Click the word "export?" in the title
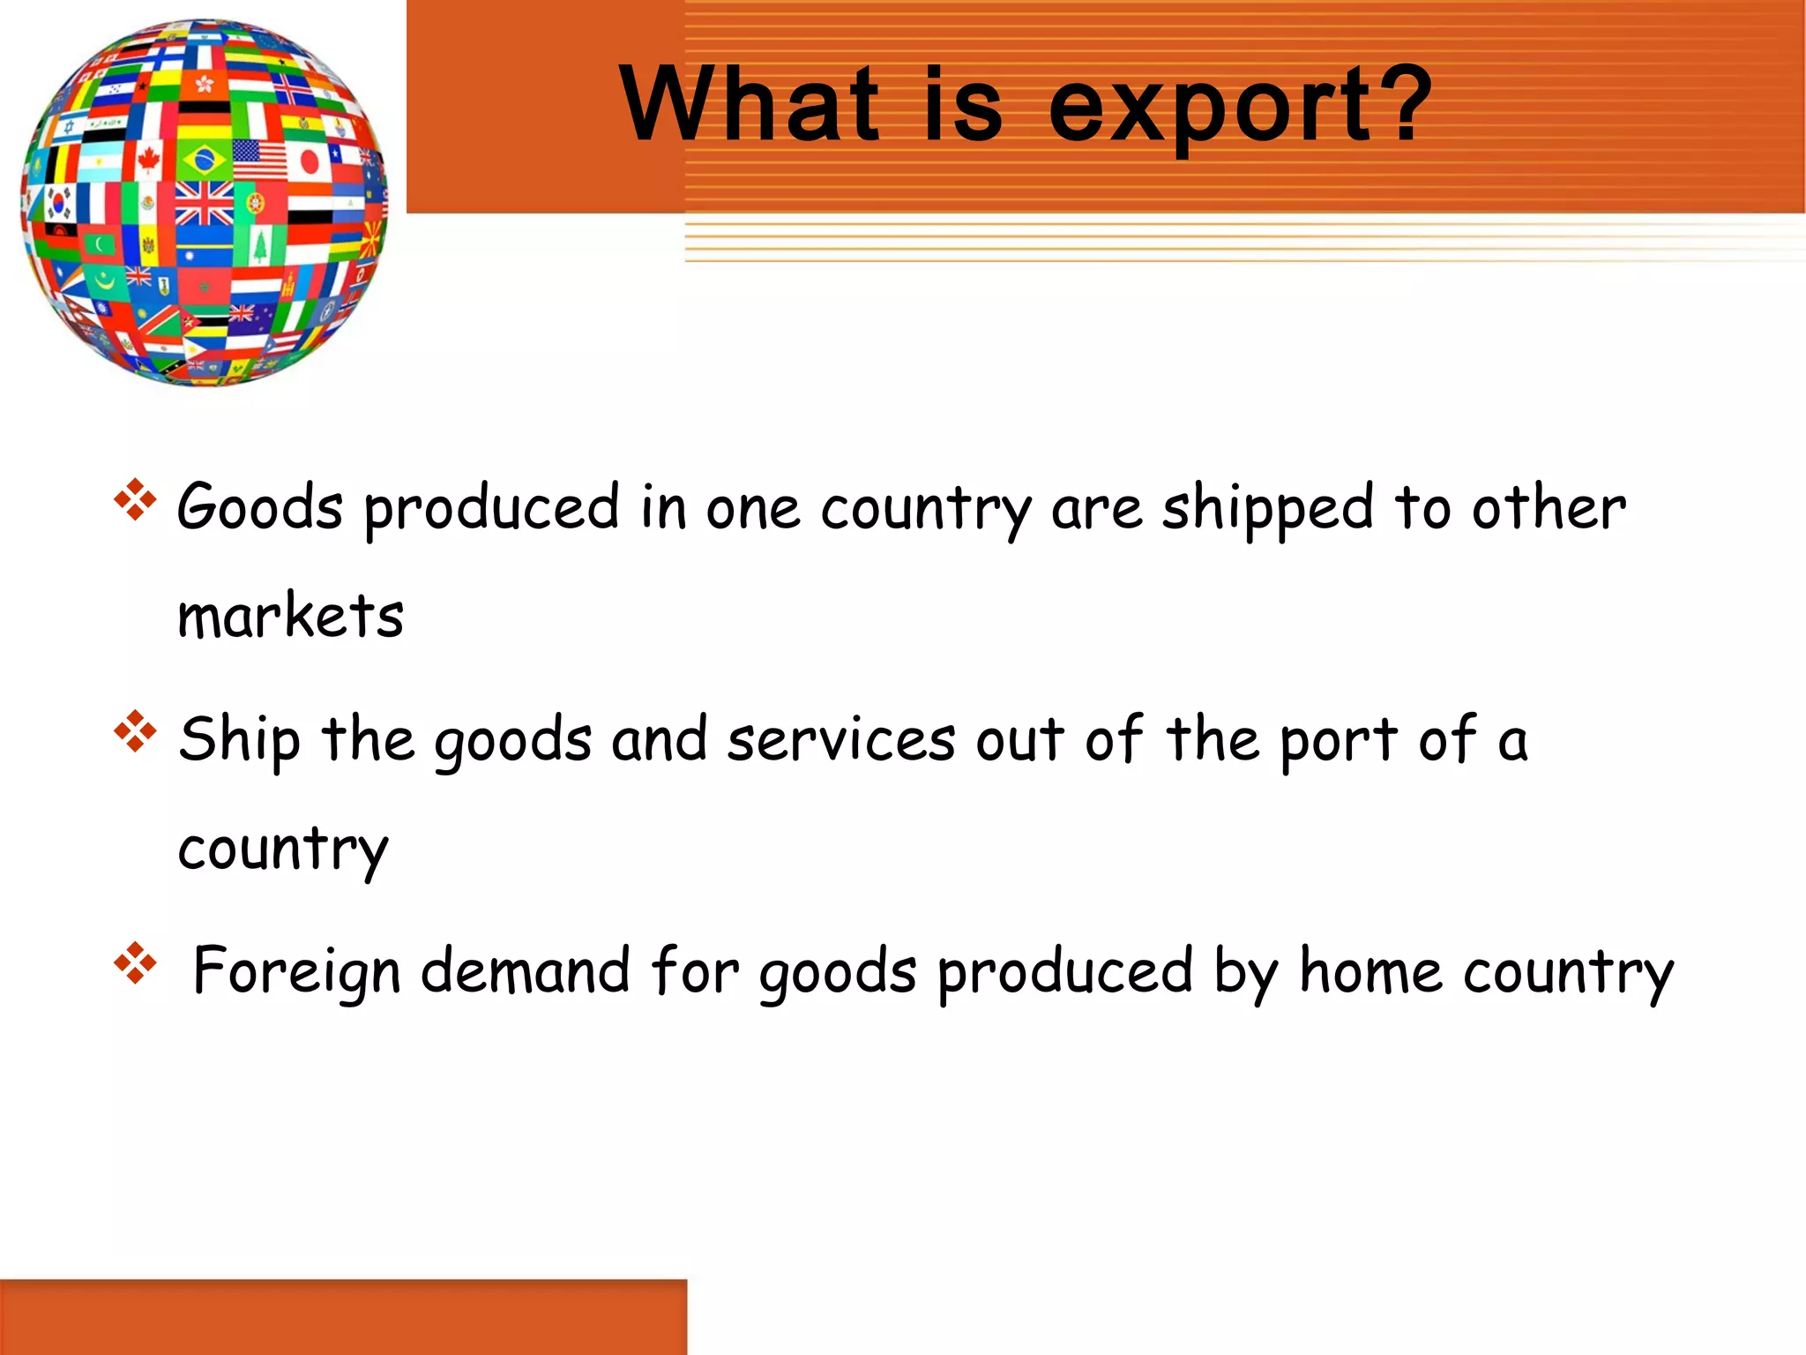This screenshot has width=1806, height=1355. click(x=1239, y=106)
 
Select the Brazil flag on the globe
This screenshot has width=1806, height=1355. click(x=205, y=161)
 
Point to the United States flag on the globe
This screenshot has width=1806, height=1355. click(x=259, y=159)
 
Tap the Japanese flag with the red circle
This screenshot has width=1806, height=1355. click(x=308, y=161)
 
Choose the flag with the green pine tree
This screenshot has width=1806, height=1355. click(x=259, y=246)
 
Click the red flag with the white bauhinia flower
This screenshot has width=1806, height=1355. click(x=204, y=85)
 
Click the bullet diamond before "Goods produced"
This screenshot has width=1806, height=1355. click(x=135, y=499)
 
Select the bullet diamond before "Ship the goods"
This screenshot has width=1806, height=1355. click(x=135, y=731)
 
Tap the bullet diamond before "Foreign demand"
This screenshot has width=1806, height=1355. click(x=135, y=963)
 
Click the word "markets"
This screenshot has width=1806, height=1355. click(x=290, y=615)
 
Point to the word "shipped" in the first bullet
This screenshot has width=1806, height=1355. click(x=1267, y=509)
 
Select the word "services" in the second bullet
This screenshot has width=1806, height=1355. click(x=840, y=739)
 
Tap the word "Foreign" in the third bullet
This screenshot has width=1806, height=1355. click(x=296, y=971)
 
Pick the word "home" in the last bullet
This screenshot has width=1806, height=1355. click(x=1370, y=970)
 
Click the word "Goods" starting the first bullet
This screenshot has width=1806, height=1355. click(x=259, y=507)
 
